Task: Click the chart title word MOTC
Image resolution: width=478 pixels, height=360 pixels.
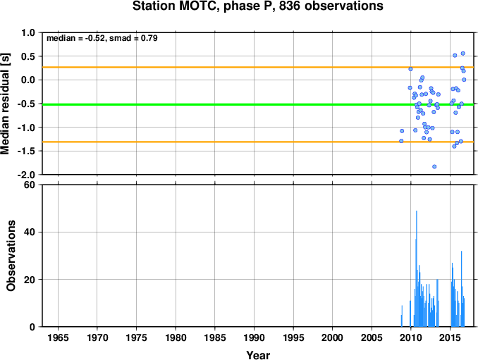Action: click(200, 6)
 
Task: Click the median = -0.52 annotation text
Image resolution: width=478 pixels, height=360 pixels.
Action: click(75, 38)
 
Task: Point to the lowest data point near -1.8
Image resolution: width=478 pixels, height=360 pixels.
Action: click(434, 166)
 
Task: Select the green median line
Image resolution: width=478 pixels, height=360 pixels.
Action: click(258, 104)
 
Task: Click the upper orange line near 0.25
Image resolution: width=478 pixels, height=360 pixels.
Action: click(258, 67)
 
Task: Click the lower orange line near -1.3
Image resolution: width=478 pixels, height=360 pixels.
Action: click(258, 142)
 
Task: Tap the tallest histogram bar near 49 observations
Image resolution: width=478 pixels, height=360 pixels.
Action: click(417, 268)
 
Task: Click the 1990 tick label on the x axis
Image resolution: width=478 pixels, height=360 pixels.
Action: click(255, 337)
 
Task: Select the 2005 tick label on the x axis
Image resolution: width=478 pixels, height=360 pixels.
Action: click(372, 337)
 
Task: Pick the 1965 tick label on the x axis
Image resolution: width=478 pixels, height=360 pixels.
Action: click(58, 337)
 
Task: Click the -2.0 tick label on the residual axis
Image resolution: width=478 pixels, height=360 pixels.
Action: click(29, 175)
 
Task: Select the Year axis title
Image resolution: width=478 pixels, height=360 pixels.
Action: click(258, 355)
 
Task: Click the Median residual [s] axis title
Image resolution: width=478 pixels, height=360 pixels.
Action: click(5, 104)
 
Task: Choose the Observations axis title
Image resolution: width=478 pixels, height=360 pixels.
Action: click(11, 256)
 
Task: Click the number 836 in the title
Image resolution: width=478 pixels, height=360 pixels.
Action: click(289, 6)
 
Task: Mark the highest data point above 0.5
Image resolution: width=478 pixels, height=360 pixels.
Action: click(462, 54)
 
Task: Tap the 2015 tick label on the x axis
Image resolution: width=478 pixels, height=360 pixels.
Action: click(451, 337)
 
